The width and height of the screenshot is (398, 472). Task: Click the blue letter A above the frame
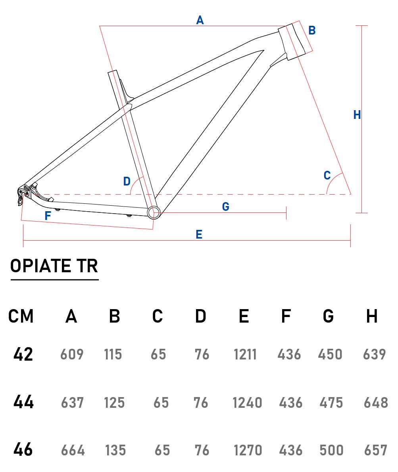coord(200,20)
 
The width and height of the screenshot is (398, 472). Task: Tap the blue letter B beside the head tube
coord(312,31)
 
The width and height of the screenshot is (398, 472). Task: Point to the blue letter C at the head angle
coord(327,176)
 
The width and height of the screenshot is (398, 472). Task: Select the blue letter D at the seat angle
coord(127,181)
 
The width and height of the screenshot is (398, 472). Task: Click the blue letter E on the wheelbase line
coord(199,235)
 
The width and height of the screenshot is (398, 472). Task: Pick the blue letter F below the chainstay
coord(48,216)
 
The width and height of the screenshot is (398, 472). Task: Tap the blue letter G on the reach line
coord(225,206)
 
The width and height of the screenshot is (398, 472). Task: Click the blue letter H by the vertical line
coord(357,115)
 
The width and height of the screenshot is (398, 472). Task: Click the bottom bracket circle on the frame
coord(154,212)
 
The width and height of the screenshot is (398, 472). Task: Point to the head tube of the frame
coord(292,42)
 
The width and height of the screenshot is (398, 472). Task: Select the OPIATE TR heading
coord(54,266)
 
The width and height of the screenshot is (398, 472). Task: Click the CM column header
coord(21,316)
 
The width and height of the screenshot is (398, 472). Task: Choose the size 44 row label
coord(23,402)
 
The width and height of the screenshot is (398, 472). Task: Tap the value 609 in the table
coord(72,354)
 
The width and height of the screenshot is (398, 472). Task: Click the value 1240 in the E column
coord(247,403)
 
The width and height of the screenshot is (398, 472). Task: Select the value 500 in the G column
coord(331,450)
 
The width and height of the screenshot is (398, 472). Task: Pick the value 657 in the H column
coord(375,450)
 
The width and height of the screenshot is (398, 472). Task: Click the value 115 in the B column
coord(113,354)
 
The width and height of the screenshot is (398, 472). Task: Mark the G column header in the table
coord(328,316)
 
